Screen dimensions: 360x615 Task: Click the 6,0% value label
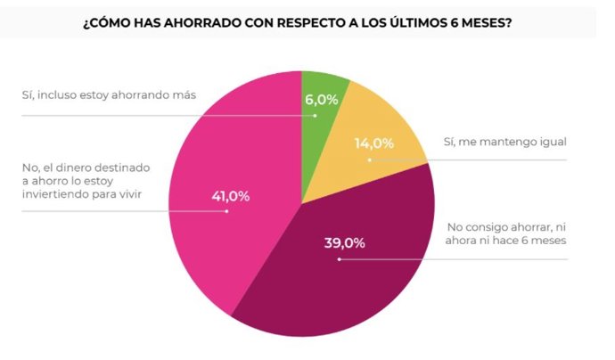pyautogui.click(x=322, y=100)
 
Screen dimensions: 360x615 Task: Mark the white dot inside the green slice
pyautogui.click(x=315, y=116)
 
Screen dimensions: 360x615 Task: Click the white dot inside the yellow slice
pyautogui.click(x=369, y=160)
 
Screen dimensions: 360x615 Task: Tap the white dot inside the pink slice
pyautogui.click(x=227, y=212)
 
